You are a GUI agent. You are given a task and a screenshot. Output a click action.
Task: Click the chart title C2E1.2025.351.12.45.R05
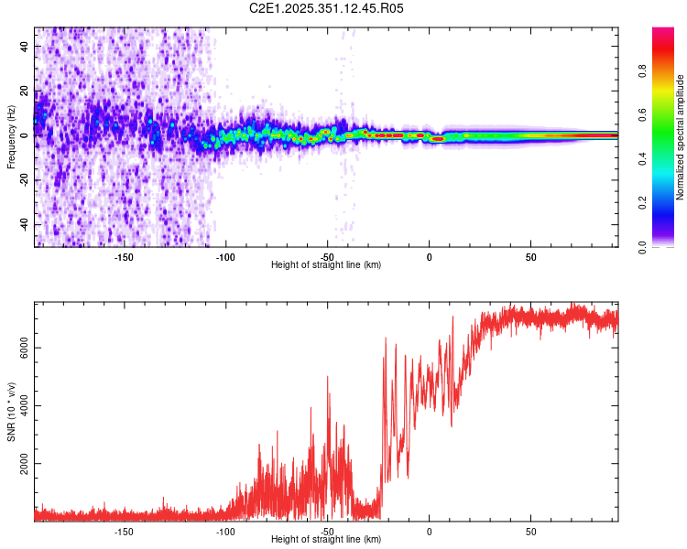327,8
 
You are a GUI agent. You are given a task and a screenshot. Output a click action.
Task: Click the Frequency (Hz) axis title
11,137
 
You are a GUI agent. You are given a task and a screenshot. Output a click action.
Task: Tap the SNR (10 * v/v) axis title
11,413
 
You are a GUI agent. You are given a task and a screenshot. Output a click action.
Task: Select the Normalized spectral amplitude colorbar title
681,137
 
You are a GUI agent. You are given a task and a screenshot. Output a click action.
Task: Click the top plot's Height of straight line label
326,265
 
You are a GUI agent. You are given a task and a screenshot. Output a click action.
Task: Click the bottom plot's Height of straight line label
326,540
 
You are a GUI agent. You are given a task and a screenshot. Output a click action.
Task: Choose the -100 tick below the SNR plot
225,531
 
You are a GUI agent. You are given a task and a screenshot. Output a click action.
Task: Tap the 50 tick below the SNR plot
530,531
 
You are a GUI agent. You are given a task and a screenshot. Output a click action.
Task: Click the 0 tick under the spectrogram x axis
429,256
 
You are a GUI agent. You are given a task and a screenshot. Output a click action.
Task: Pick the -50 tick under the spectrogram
327,256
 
